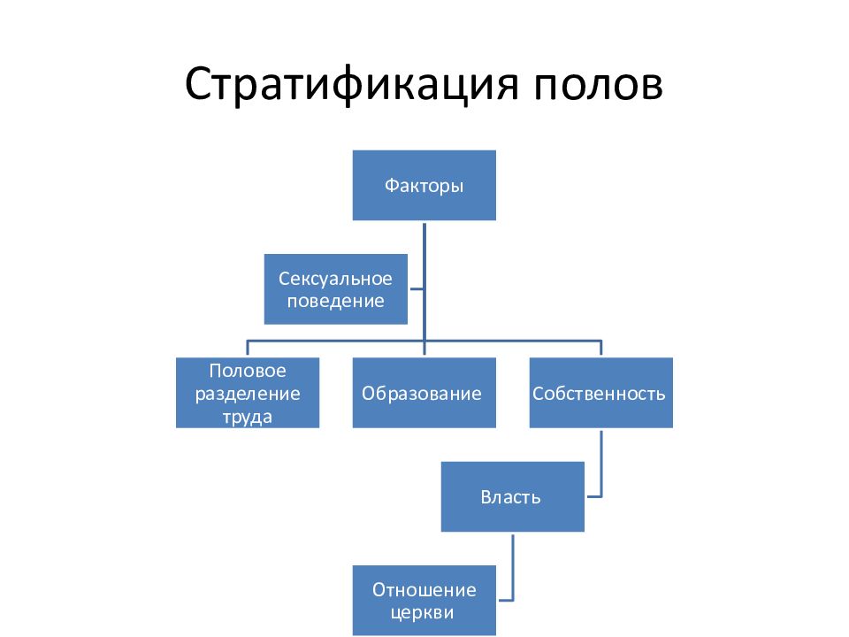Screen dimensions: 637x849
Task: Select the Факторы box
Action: click(424, 186)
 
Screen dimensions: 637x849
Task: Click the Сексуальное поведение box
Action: click(336, 289)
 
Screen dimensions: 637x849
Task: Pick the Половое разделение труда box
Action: click(247, 393)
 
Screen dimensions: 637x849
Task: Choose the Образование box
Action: click(424, 393)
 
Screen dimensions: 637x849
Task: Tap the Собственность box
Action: click(600, 393)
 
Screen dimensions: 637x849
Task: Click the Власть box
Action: click(512, 496)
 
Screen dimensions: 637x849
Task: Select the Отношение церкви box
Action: click(424, 600)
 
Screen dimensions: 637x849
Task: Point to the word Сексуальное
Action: click(336, 279)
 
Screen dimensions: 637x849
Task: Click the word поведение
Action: click(336, 301)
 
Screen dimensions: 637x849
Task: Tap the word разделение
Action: click(248, 393)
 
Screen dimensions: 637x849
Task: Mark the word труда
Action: click(248, 416)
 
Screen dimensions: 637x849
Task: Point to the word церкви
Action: click(424, 611)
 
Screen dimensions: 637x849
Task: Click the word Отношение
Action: click(424, 589)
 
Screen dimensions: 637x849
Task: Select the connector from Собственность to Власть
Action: click(601, 464)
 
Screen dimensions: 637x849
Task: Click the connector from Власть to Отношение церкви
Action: click(513, 566)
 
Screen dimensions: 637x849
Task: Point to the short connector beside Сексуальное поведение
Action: click(416, 289)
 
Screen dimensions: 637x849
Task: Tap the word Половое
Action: click(248, 370)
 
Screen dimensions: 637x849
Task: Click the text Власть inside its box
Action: click(512, 496)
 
